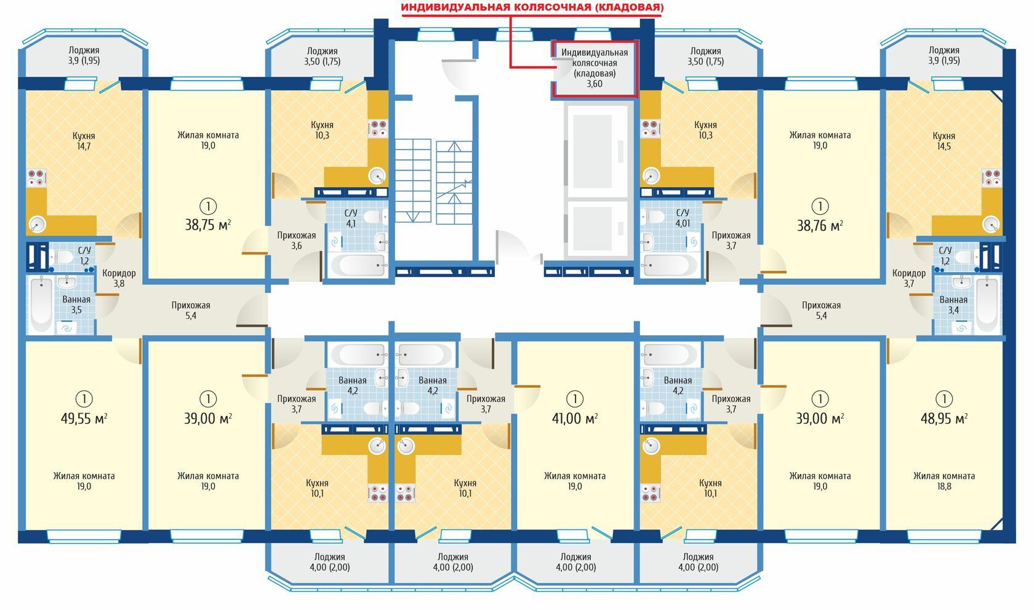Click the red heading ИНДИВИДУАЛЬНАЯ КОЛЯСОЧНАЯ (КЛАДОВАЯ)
pos(532,8)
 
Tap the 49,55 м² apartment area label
pos(84,419)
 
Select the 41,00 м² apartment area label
pos(575,419)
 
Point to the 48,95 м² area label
pos(944,419)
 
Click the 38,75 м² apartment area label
pos(208,225)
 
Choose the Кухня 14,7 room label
pos(84,142)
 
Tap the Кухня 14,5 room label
pos(944,142)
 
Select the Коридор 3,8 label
pos(119,278)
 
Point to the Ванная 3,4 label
pos(953,305)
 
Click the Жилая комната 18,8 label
pos(944,481)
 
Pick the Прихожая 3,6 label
pos(297,241)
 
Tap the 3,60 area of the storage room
pos(595,84)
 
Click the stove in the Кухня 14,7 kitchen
pos(36,178)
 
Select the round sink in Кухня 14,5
pos(991,225)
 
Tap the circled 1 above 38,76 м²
pos(820,206)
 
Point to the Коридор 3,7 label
pos(909,278)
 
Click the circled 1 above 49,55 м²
pos(84,399)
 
